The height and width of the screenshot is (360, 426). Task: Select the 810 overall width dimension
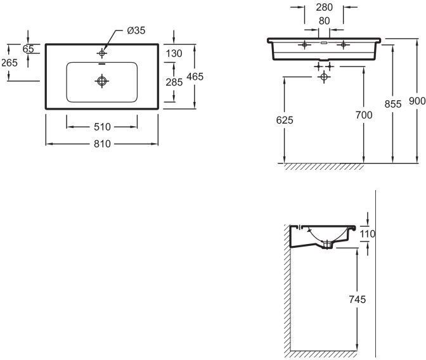(x=103, y=144)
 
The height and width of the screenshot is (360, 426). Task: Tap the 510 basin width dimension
(x=103, y=126)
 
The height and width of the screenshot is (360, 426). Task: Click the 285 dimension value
(x=174, y=82)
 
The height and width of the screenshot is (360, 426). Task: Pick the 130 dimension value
(x=174, y=54)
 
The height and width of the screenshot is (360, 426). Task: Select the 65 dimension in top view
(x=28, y=49)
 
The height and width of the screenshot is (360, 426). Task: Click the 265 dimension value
(x=9, y=62)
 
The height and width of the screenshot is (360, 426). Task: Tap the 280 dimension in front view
(x=324, y=8)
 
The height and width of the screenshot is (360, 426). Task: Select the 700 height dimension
(x=364, y=115)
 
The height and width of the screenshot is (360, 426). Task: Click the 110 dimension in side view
(x=368, y=234)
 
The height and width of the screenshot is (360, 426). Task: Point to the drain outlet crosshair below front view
(x=325, y=76)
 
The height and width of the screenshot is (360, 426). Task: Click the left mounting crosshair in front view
(x=306, y=44)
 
